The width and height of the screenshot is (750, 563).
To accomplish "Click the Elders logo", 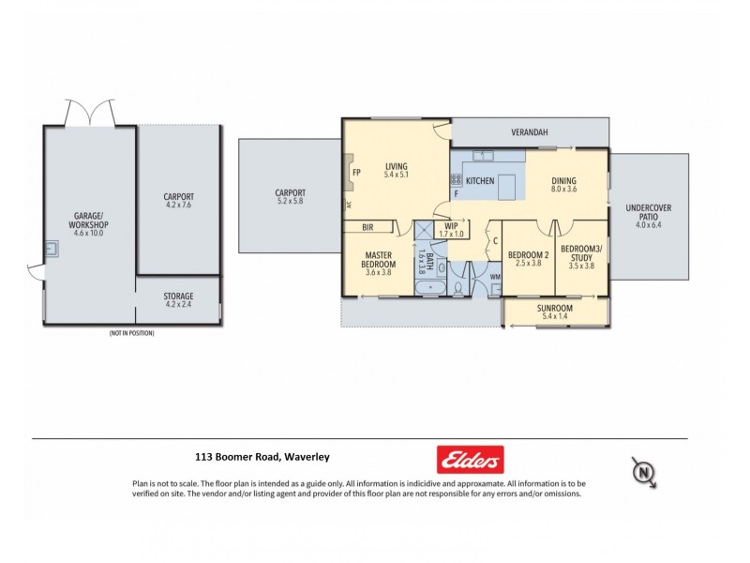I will (471, 459).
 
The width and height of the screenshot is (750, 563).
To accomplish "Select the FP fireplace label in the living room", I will (355, 173).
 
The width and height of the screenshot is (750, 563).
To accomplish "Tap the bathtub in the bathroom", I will (432, 289).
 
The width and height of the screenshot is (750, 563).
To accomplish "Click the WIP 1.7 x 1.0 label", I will (451, 229).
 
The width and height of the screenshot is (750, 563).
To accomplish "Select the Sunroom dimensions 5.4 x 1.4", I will (555, 317).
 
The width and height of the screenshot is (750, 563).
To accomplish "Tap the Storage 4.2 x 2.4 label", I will (178, 299).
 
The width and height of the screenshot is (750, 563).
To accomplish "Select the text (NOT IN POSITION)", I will (131, 333).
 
